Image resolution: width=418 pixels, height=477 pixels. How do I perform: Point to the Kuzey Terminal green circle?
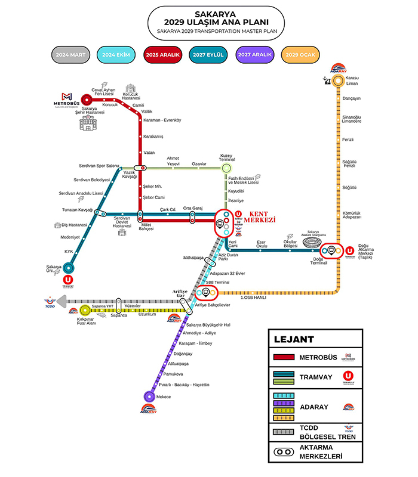(226, 169)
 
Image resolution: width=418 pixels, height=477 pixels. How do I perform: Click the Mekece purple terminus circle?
(149, 396)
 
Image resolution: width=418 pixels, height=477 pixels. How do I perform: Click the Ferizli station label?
(349, 140)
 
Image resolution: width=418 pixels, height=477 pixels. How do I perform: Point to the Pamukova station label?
(178, 374)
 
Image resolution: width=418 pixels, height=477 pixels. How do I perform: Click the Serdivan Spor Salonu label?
(99, 165)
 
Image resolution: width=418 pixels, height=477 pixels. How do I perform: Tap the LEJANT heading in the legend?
(294, 339)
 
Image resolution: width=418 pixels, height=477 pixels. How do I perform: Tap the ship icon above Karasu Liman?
(327, 77)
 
